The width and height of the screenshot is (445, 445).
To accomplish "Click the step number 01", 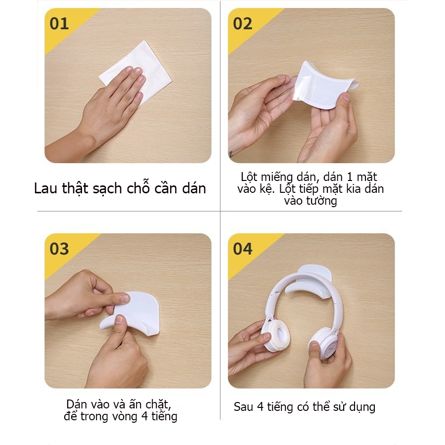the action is pyautogui.click(x=59, y=24).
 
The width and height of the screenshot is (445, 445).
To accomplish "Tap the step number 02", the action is pyautogui.click(x=243, y=24).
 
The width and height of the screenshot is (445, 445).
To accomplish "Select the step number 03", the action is pyautogui.click(x=59, y=249).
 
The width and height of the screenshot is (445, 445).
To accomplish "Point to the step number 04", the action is pyautogui.click(x=243, y=249).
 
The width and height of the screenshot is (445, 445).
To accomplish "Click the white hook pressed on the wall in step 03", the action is pyautogui.click(x=133, y=315).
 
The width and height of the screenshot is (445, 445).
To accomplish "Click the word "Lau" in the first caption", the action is pyautogui.click(x=45, y=188).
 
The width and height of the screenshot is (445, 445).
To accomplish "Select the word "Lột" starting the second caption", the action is pyautogui.click(x=249, y=178).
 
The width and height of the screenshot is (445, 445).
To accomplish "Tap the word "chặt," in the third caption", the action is pyautogui.click(x=158, y=404).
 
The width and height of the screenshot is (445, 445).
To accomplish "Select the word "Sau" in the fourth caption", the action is pyautogui.click(x=243, y=407).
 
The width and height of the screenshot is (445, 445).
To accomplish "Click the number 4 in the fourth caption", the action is pyautogui.click(x=260, y=407).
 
